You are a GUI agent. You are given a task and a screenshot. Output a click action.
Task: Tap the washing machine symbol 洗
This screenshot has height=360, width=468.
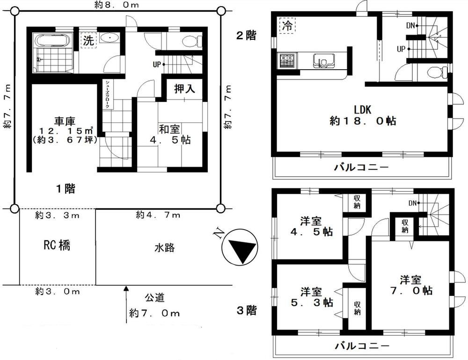tap(88, 41)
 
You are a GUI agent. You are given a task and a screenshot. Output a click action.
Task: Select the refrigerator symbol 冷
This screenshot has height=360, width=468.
tap(287, 25)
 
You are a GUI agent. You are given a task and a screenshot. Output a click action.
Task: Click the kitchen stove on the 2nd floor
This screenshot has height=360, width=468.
tap(287, 61)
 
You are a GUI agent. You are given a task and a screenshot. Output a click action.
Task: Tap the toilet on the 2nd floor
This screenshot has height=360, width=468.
tap(437, 72)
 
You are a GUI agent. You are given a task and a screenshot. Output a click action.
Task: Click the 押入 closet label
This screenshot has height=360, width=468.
tap(185, 88)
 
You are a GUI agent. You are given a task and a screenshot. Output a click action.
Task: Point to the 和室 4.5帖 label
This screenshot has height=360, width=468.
tap(170, 134)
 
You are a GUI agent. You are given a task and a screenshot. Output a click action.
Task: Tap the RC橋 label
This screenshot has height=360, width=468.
tap(57, 245)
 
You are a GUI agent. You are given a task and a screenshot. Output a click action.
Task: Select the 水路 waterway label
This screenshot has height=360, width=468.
tap(164, 247)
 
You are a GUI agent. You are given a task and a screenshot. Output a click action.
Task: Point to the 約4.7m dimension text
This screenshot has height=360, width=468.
tap(158, 215)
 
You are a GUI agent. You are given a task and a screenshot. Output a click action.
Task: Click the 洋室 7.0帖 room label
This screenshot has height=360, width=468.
tap(411, 285)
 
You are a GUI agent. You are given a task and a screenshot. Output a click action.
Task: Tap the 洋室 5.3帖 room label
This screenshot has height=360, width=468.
tap(312, 297)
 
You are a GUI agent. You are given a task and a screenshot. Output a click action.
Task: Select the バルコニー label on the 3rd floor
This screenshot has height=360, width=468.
tap(362, 346)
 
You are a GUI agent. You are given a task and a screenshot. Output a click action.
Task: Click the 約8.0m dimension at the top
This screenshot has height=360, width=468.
tap(117, 5)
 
